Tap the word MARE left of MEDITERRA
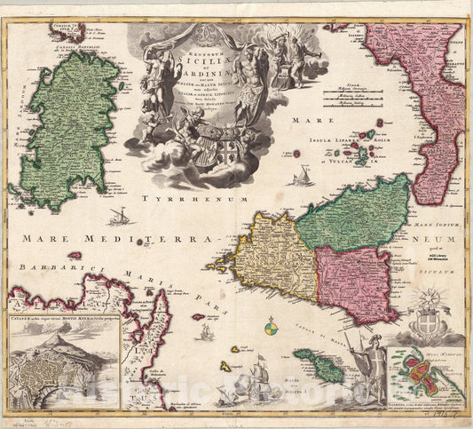coord(43,238)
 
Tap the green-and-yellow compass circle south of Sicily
coord(271,330)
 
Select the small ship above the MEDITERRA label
coord(119,216)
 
